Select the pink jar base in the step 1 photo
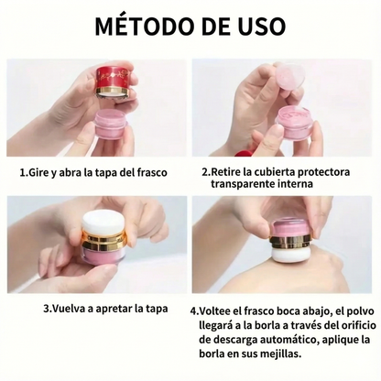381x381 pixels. (x=114, y=123)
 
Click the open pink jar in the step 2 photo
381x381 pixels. (x=295, y=122)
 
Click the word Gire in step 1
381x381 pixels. (x=42, y=171)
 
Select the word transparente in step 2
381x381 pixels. (x=244, y=184)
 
